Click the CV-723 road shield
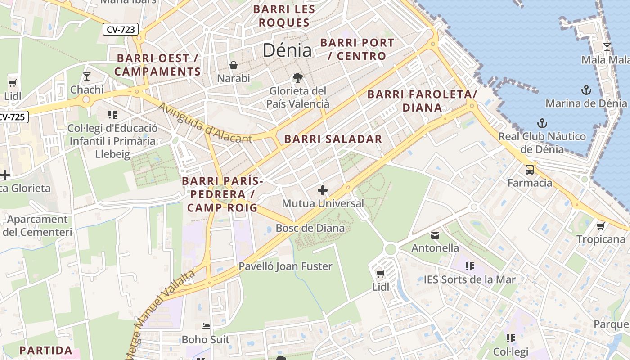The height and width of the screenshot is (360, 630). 120,30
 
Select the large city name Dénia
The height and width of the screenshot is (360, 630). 287,50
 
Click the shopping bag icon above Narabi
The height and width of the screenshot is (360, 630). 234,65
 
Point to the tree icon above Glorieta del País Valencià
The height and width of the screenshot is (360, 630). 297,77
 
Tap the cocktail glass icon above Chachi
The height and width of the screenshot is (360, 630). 87,76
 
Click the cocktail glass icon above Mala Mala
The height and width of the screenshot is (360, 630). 607,46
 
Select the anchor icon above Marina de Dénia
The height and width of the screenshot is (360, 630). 586,90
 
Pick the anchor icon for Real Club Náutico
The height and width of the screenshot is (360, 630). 542,123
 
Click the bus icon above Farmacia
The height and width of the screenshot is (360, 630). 530,170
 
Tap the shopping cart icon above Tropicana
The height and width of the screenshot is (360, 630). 600,226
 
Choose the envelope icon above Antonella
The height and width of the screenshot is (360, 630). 435,235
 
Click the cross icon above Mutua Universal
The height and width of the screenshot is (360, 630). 323,190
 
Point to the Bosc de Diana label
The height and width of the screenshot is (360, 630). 310,228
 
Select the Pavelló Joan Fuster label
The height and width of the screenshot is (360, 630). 285,266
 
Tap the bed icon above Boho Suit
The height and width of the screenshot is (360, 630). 206,326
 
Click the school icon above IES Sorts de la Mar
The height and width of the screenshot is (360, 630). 470,266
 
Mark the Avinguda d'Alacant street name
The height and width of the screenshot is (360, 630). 205,123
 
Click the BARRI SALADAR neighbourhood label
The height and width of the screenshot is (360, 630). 333,139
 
